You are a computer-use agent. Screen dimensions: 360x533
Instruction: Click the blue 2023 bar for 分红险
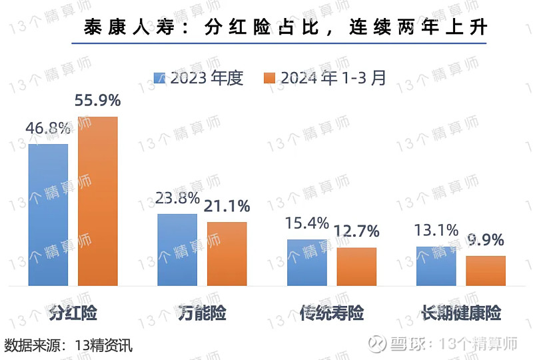coord(48,215)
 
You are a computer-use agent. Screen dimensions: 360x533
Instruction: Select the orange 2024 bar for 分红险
coord(98,201)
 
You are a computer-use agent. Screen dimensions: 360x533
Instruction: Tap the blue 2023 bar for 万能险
coord(177,250)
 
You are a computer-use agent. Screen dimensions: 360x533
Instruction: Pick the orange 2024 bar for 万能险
coord(227,254)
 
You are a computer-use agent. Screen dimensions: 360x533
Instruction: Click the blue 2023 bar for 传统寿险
coord(306,263)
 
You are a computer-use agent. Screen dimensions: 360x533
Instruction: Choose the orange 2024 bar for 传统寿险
coord(356,267)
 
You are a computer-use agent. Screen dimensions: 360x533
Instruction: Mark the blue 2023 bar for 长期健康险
coord(436,266)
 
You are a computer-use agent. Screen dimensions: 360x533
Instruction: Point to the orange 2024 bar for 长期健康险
coord(486,271)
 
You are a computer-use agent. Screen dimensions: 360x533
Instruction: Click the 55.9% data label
coord(98,101)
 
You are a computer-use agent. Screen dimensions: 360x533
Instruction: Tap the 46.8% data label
coord(47,128)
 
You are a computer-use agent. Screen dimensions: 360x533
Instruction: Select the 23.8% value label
coord(177,198)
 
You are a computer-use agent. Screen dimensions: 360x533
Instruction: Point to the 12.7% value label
coord(356,232)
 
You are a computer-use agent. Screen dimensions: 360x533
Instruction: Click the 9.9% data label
coord(486,240)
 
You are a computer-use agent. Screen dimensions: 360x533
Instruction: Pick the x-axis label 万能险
coord(202,312)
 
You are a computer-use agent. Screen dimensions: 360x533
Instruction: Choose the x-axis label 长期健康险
coord(461,312)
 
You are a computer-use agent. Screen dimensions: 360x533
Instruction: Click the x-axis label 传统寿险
coord(331,312)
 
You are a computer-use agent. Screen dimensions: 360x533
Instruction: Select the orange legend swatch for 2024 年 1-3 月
coord(270,78)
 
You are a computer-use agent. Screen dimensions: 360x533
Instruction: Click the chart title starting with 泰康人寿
coord(286,28)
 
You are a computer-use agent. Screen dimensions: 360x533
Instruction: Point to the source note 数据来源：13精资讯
coord(69,345)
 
